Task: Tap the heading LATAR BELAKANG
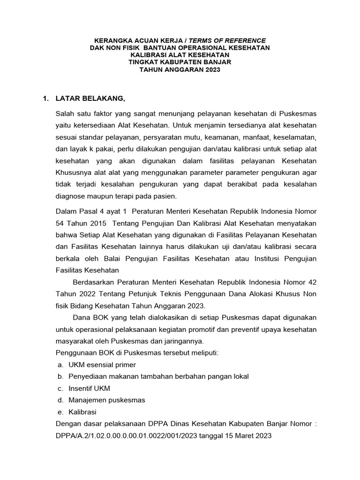(90, 98)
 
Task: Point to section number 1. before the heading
(45, 98)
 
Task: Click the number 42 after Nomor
(313, 282)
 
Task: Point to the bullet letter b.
(60, 376)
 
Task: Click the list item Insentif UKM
(89, 388)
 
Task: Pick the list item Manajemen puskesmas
(107, 400)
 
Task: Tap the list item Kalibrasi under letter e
(82, 412)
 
